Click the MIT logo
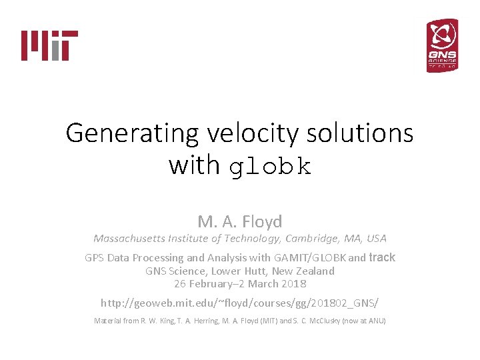coord(50,45)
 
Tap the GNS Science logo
coord(442,45)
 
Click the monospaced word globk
coord(270,167)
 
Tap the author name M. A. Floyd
coord(240,221)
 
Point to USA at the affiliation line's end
coord(375,238)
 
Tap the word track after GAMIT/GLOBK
coord(382,257)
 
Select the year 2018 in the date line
coord(293,283)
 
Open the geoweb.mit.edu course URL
coord(239,303)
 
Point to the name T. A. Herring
coord(200,321)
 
